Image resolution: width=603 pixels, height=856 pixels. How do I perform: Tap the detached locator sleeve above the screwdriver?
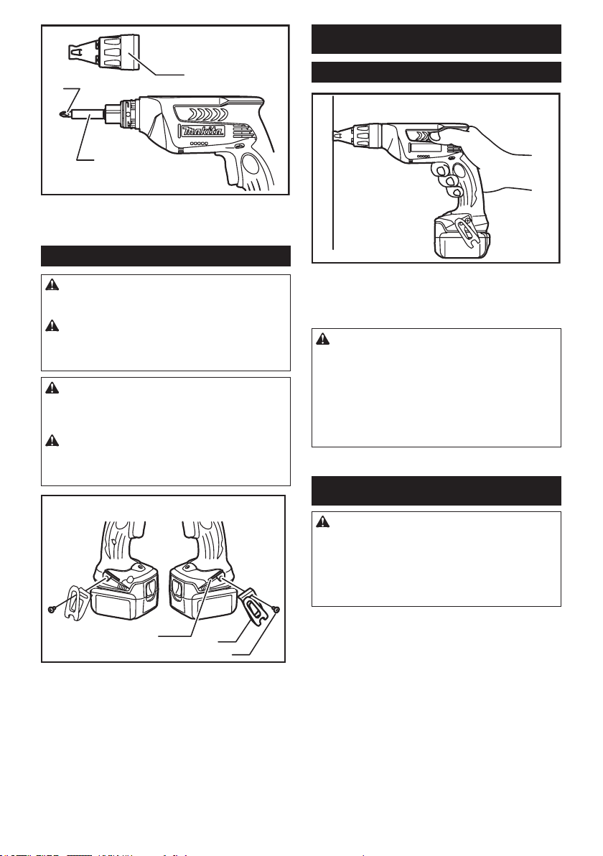(103, 50)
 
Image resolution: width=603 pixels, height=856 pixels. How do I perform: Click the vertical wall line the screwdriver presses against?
(332, 172)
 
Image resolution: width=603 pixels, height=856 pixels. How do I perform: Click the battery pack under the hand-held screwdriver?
(462, 238)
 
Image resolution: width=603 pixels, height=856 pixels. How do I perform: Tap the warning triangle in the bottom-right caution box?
(322, 521)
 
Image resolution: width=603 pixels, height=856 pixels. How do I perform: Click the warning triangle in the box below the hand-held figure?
(322, 338)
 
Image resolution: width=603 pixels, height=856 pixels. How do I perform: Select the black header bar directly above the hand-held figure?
(436, 72)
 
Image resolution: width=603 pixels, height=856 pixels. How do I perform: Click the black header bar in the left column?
(166, 256)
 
